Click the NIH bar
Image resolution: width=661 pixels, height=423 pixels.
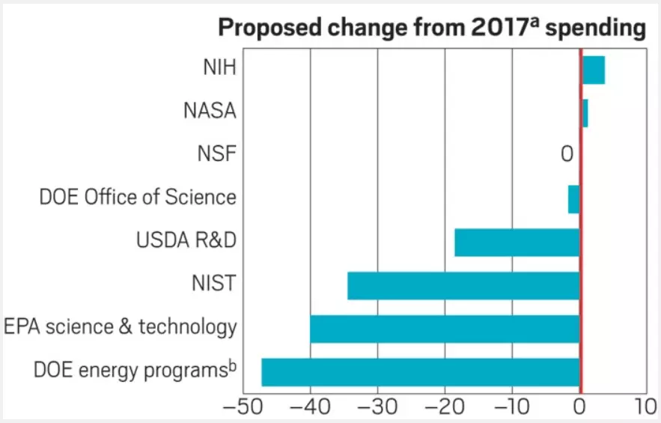(593, 70)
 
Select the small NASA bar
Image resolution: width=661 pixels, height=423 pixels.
(585, 113)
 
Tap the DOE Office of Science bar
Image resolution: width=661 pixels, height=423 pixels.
(574, 200)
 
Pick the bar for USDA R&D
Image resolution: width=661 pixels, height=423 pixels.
(517, 243)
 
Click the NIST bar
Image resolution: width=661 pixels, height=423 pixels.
(463, 285)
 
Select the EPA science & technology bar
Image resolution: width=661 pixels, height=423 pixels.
(445, 329)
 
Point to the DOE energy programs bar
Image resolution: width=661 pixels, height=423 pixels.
(420, 372)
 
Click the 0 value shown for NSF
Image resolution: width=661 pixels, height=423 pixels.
(567, 155)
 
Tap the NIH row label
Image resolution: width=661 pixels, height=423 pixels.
(219, 68)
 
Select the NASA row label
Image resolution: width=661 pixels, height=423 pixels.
(210, 112)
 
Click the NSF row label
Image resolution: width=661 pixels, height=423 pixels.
(216, 155)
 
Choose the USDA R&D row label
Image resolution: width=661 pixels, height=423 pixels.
(186, 242)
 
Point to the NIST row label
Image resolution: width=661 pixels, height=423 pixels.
(213, 284)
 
